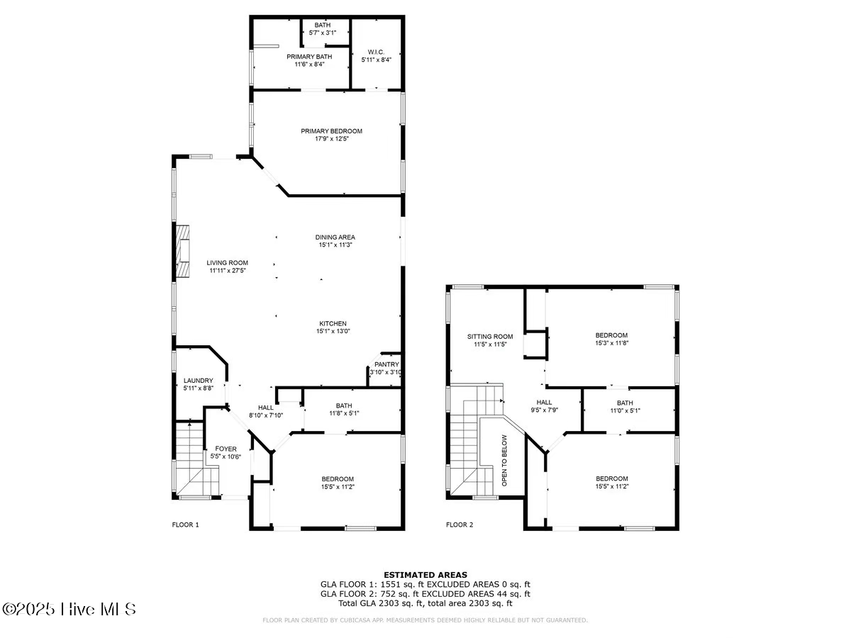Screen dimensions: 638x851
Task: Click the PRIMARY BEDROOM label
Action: (x=331, y=131)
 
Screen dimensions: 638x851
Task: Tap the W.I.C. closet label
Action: (x=376, y=51)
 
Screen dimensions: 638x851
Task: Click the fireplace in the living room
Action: (x=183, y=252)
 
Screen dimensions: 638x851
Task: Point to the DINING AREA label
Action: (x=335, y=237)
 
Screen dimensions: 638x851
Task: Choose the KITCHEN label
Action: (x=332, y=323)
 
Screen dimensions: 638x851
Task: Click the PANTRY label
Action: (x=386, y=364)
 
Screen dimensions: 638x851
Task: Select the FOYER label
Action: (x=226, y=449)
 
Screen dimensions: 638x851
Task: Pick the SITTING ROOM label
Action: (x=489, y=336)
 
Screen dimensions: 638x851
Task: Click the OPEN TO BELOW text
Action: (x=504, y=460)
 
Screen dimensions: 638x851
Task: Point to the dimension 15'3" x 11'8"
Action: (x=611, y=343)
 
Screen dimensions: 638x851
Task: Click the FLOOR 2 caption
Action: (x=459, y=525)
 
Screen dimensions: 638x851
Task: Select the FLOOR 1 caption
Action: (x=186, y=525)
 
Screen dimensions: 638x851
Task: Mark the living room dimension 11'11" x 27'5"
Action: (x=228, y=270)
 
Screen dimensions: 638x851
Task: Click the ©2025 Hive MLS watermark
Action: (x=69, y=609)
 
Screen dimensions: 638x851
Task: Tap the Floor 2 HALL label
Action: (x=544, y=402)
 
